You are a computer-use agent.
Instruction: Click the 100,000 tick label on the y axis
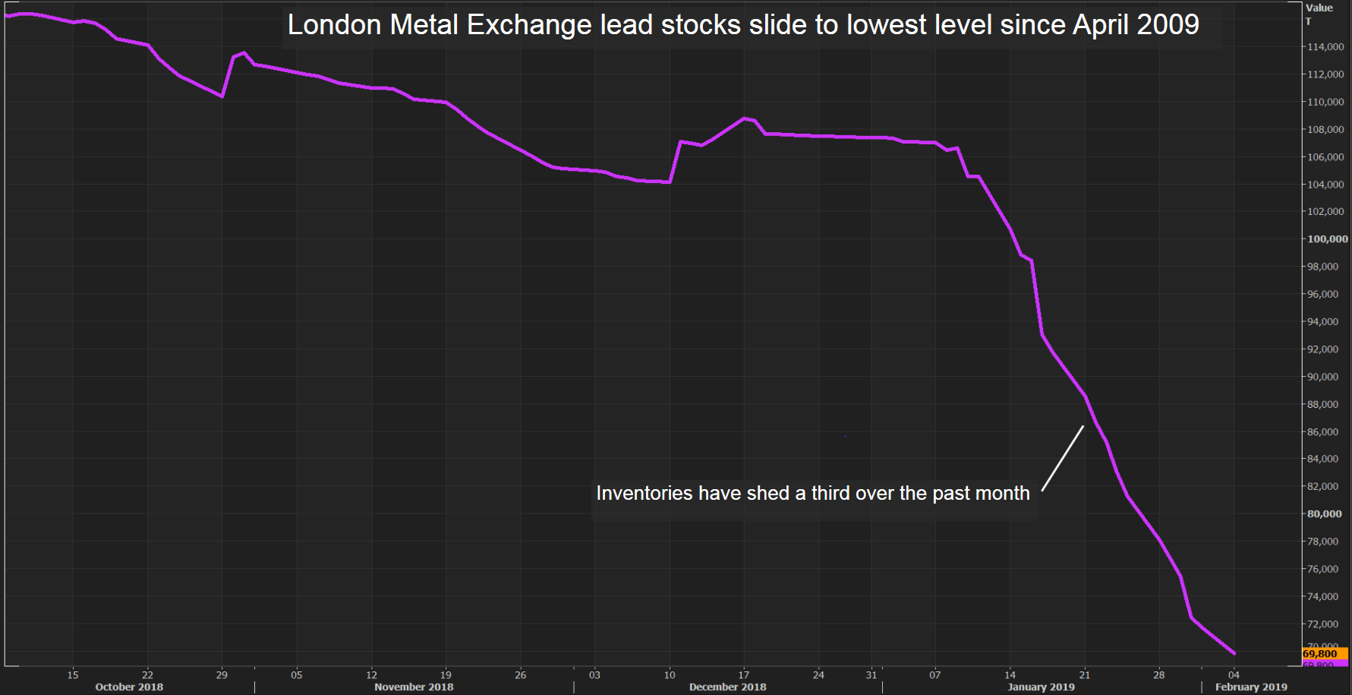pyautogui.click(x=1327, y=239)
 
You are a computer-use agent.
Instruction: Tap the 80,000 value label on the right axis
pyautogui.click(x=1324, y=514)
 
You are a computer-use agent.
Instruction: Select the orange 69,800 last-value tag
pyautogui.click(x=1320, y=654)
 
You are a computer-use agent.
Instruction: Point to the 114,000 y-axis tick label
pyautogui.click(x=1325, y=47)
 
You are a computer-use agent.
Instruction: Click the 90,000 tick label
pyautogui.click(x=1322, y=377)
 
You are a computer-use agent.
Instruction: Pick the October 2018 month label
pyautogui.click(x=129, y=687)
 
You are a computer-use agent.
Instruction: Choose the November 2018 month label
pyautogui.click(x=414, y=687)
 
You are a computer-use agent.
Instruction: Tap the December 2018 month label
pyautogui.click(x=727, y=687)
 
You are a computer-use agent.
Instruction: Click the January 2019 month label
pyautogui.click(x=1041, y=687)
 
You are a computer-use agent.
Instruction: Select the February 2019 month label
pyautogui.click(x=1251, y=687)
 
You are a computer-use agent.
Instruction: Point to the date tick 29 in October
pyautogui.click(x=222, y=674)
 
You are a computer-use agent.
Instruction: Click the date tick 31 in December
pyautogui.click(x=871, y=674)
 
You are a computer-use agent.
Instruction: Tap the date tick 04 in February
pyautogui.click(x=1234, y=674)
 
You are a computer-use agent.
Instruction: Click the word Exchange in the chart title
pyautogui.click(x=529, y=25)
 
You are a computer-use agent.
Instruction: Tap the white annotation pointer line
pyautogui.click(x=1063, y=458)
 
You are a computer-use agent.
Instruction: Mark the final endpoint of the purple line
pyautogui.click(x=1234, y=653)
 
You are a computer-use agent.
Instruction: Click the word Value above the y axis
pyautogui.click(x=1319, y=8)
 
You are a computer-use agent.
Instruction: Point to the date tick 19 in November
pyautogui.click(x=446, y=674)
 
